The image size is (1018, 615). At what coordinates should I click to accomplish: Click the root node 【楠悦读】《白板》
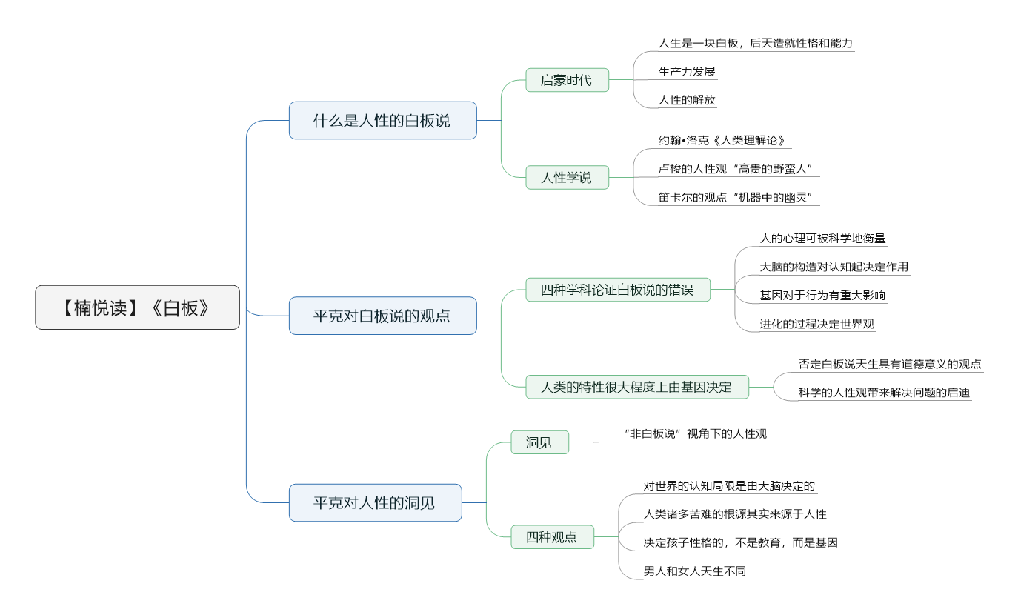click(x=137, y=307)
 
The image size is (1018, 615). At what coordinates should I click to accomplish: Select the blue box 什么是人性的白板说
click(x=382, y=121)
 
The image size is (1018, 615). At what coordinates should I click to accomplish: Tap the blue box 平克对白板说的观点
click(x=382, y=316)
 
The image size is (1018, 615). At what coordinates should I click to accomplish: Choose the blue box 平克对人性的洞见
click(x=376, y=502)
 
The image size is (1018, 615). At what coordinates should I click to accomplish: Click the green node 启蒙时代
click(x=568, y=80)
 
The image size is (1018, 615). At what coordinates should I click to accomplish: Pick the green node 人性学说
click(x=568, y=177)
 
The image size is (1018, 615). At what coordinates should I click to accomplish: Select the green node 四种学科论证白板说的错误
click(x=618, y=290)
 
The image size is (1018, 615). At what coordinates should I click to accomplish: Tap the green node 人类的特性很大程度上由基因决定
click(x=637, y=387)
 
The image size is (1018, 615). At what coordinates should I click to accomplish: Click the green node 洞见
click(x=540, y=442)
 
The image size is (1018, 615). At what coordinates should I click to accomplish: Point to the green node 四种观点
click(x=553, y=536)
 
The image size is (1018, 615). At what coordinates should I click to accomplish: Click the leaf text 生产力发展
click(x=687, y=71)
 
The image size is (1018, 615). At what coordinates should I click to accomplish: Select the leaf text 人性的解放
click(x=687, y=99)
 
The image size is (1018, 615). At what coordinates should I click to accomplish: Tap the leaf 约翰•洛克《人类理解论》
click(x=722, y=141)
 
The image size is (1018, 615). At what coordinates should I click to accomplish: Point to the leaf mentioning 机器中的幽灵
click(x=735, y=197)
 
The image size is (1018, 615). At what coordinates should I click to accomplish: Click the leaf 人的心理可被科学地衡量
click(x=822, y=238)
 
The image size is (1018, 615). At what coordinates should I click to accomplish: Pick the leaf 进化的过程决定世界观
click(x=816, y=324)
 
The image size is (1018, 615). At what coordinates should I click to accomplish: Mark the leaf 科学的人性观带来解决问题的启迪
click(x=884, y=392)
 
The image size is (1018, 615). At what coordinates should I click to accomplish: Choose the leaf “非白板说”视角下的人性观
click(x=695, y=433)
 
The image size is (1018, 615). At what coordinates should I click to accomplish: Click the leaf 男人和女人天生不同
click(x=695, y=571)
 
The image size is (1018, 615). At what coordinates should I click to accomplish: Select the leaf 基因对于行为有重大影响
click(x=822, y=296)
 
